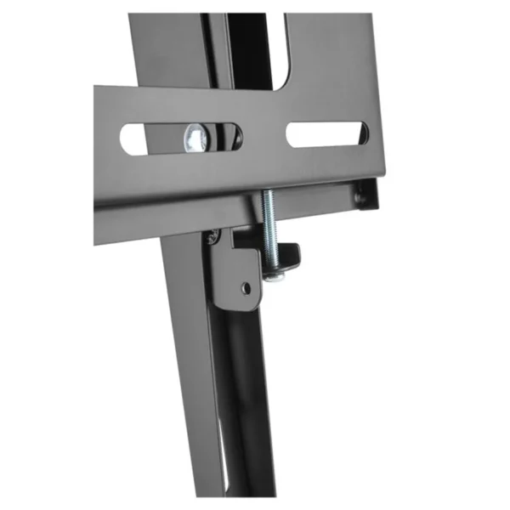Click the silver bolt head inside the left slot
click(x=195, y=136)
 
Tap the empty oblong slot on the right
click(x=326, y=134)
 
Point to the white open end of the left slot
click(x=134, y=139)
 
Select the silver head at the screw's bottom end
click(x=273, y=274)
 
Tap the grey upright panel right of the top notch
click(x=327, y=59)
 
